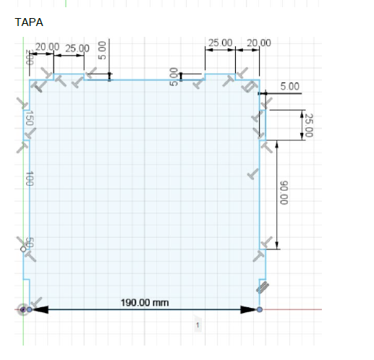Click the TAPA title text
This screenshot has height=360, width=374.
coord(29,22)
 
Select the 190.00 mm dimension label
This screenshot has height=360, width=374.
coord(145,301)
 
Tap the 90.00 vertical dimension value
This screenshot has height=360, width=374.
coord(284,193)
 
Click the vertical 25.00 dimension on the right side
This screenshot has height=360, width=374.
coord(309,125)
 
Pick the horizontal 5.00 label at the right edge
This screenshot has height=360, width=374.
coord(290,86)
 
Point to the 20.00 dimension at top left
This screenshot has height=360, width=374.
coord(48,46)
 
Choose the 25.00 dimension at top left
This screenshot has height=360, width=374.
coord(77,48)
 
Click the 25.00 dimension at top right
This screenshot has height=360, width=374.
coord(221,43)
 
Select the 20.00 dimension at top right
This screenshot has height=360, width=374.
coord(258,43)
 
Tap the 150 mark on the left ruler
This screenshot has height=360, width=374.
coord(30,119)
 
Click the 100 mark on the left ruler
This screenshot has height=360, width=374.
coord(30,179)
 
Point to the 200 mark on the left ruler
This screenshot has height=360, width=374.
coord(30,58)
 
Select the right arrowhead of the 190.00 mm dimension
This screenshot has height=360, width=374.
coord(249,309)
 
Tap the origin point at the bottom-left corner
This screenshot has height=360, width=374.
coord(23,309)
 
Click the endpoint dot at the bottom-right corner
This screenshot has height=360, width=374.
coord(260,309)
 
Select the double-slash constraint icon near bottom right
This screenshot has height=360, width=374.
coord(263,287)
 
